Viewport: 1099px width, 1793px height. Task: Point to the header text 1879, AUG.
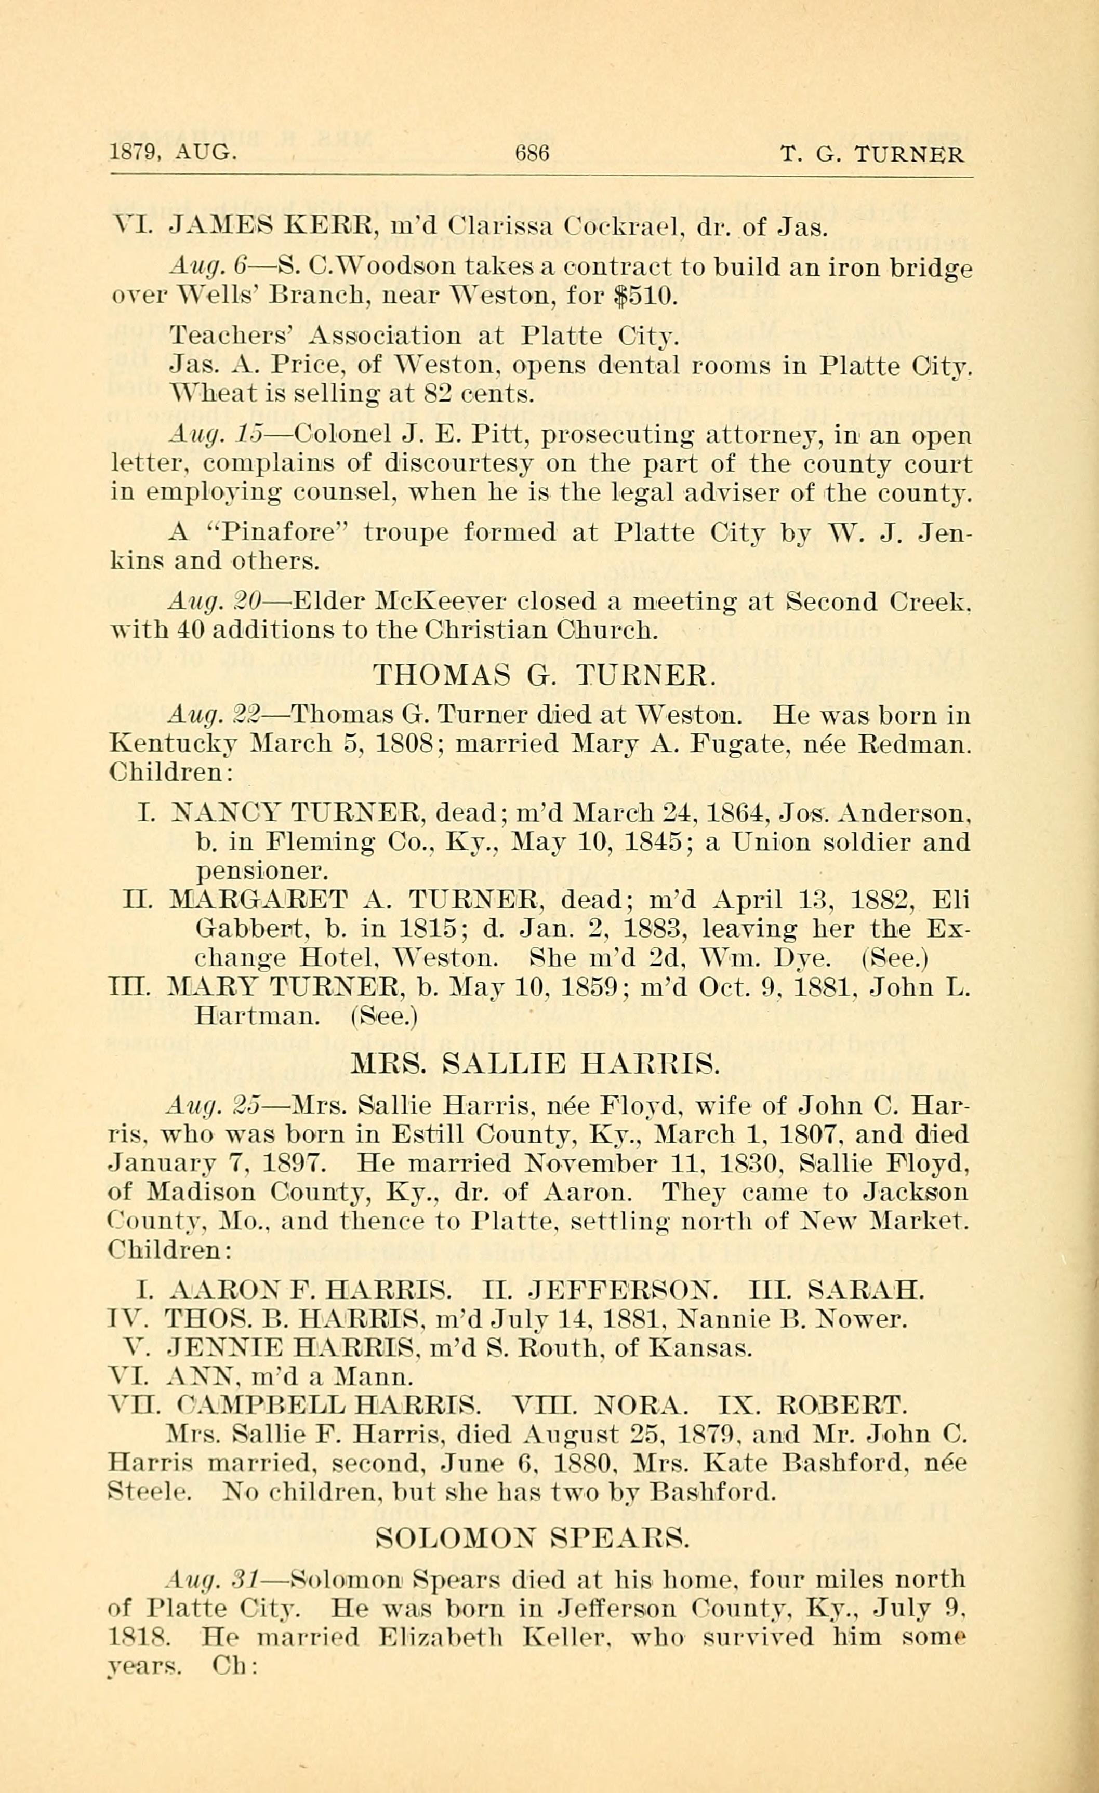click(173, 154)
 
